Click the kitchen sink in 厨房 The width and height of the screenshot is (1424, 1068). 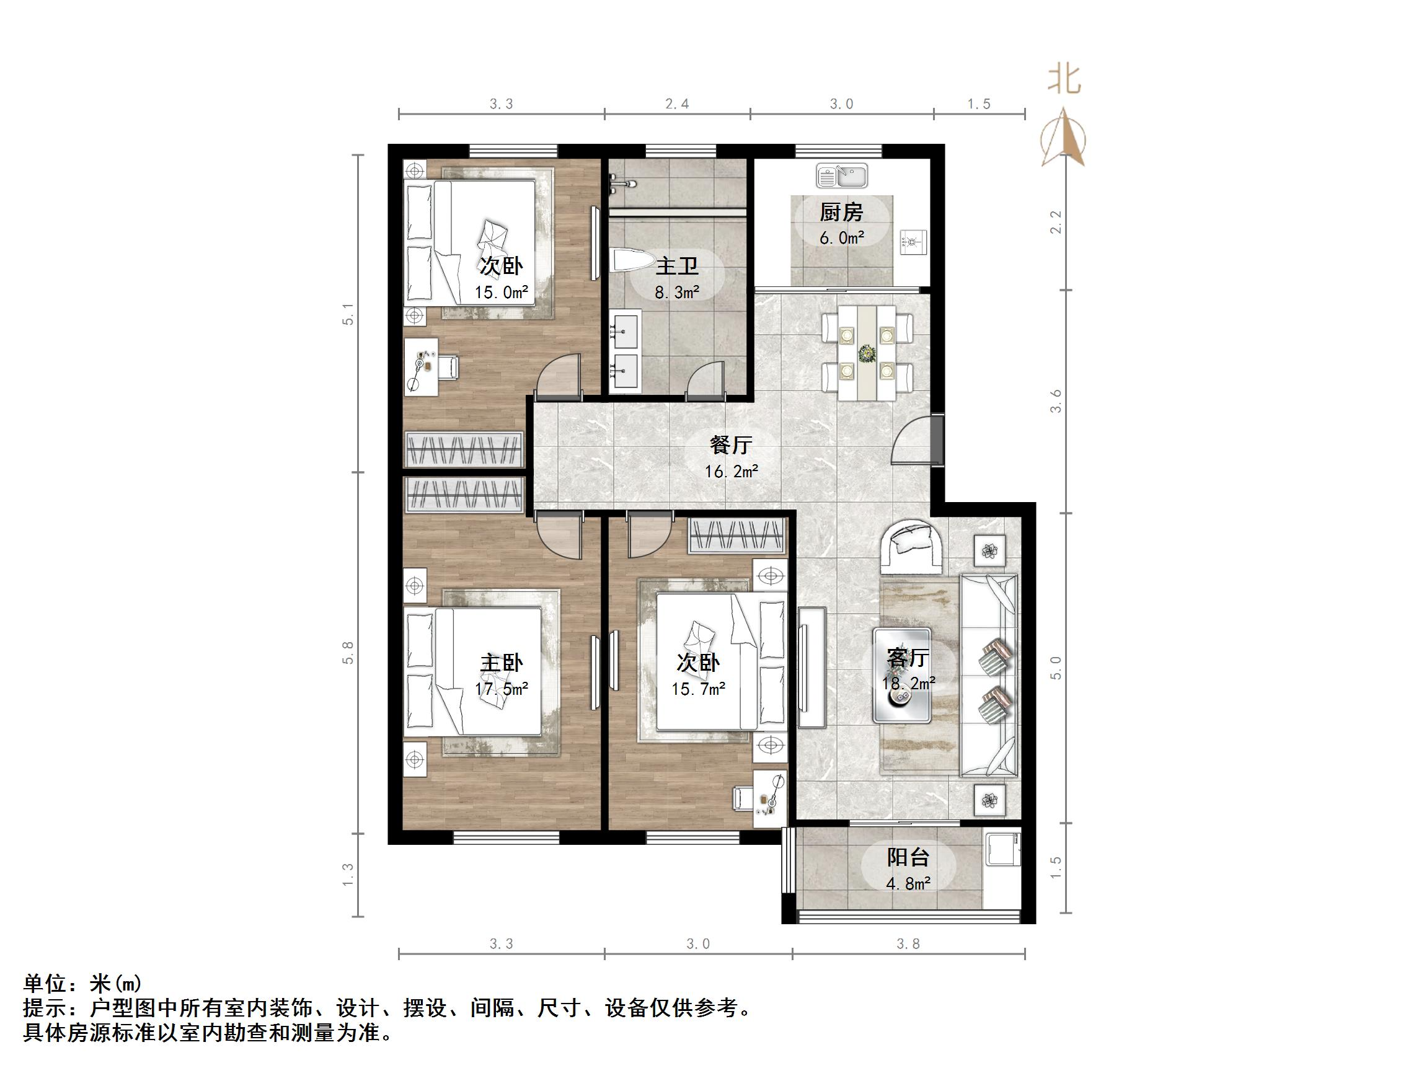click(x=842, y=175)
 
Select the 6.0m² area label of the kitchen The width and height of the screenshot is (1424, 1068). click(x=841, y=238)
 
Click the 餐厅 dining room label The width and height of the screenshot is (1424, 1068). click(x=731, y=445)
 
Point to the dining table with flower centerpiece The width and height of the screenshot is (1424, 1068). click(x=867, y=353)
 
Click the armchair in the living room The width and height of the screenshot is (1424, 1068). click(x=913, y=545)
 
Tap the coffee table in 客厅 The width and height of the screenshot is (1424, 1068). click(x=901, y=674)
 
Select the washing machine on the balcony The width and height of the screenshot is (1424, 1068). click(x=1002, y=852)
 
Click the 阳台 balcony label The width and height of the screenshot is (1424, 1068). click(x=908, y=857)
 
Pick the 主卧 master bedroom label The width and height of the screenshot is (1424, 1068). click(x=502, y=663)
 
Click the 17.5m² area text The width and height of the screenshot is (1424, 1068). click(x=502, y=689)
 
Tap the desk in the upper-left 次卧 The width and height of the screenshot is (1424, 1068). click(x=422, y=367)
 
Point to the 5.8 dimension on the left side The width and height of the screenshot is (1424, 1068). click(x=348, y=653)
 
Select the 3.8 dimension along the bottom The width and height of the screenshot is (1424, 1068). click(x=908, y=944)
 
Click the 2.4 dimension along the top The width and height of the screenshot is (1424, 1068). click(x=676, y=104)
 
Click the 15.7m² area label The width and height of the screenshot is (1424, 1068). click(x=699, y=689)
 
